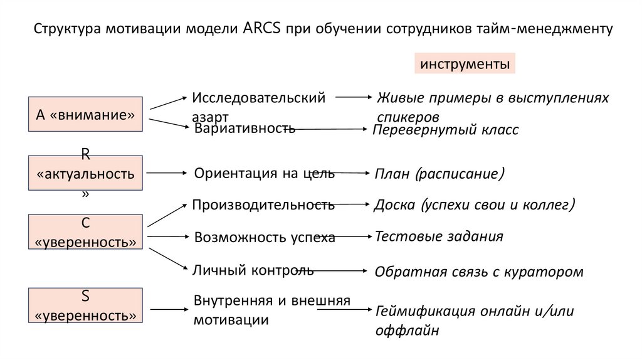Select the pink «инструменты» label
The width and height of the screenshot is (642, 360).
tap(464, 65)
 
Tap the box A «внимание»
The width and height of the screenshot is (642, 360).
tap(86, 114)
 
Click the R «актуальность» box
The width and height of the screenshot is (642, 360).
tap(86, 173)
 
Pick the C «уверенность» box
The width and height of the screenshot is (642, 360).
tap(86, 231)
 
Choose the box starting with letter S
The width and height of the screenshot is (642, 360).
tap(86, 305)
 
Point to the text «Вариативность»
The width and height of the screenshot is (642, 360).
tap(245, 129)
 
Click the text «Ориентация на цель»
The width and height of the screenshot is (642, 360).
tap(264, 173)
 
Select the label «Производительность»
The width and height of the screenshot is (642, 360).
tap(263, 204)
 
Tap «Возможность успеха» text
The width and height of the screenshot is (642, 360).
tap(265, 237)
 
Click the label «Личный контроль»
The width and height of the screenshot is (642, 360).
tap(253, 270)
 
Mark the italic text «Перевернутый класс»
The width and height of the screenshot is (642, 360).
tap(446, 130)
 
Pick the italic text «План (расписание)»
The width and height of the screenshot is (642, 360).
tap(439, 173)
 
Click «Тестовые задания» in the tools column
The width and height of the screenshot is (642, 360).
tap(439, 236)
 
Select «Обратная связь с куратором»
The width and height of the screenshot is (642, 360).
tap(478, 272)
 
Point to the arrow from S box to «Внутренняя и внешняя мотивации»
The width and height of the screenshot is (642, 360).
tap(166, 309)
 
